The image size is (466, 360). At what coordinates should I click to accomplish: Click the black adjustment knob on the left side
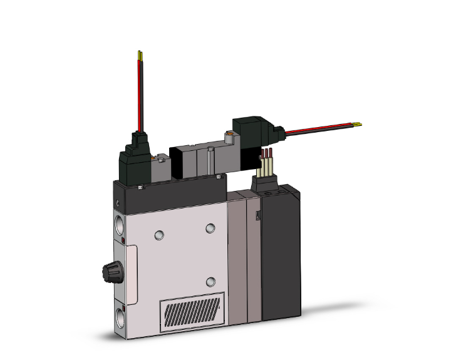(x=107, y=272)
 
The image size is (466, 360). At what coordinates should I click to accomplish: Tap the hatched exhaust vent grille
(x=192, y=309)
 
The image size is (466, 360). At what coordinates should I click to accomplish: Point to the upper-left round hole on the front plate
(x=160, y=234)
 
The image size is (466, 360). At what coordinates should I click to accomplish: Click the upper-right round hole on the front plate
(x=211, y=229)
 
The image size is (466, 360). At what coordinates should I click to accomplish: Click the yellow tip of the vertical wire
(x=139, y=56)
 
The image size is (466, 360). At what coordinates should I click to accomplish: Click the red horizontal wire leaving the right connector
(x=319, y=127)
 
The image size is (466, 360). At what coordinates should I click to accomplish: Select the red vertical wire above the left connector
(x=139, y=94)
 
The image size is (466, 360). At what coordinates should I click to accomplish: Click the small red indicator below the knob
(x=125, y=306)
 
